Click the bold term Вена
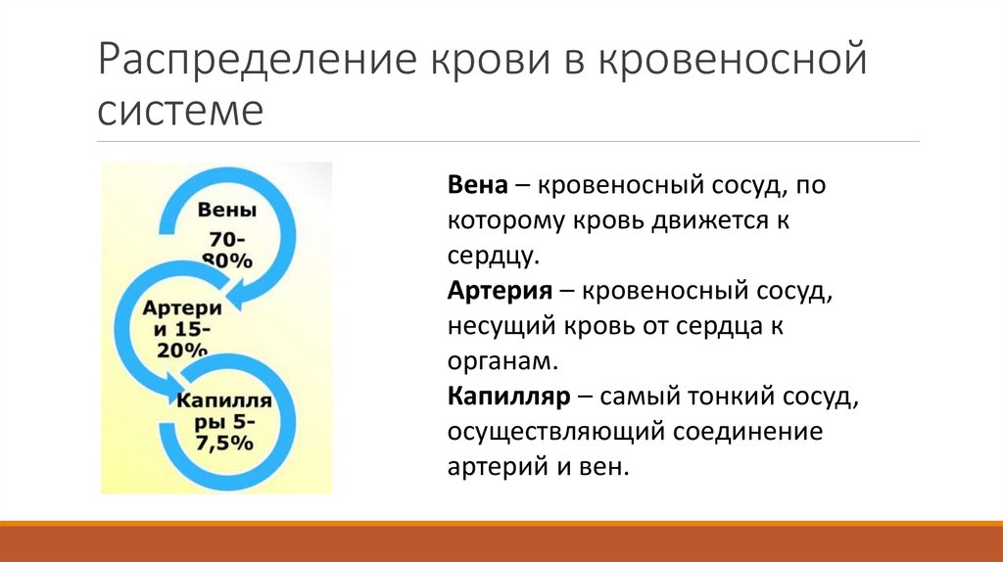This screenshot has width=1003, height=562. [477, 185]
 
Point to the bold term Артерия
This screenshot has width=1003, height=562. [498, 291]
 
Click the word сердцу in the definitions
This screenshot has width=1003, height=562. [493, 257]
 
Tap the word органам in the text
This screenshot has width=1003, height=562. [502, 362]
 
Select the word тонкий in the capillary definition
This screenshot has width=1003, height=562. [730, 398]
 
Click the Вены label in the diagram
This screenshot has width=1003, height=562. [227, 210]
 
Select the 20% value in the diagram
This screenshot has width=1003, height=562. [181, 350]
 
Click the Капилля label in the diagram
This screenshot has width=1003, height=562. [224, 401]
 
